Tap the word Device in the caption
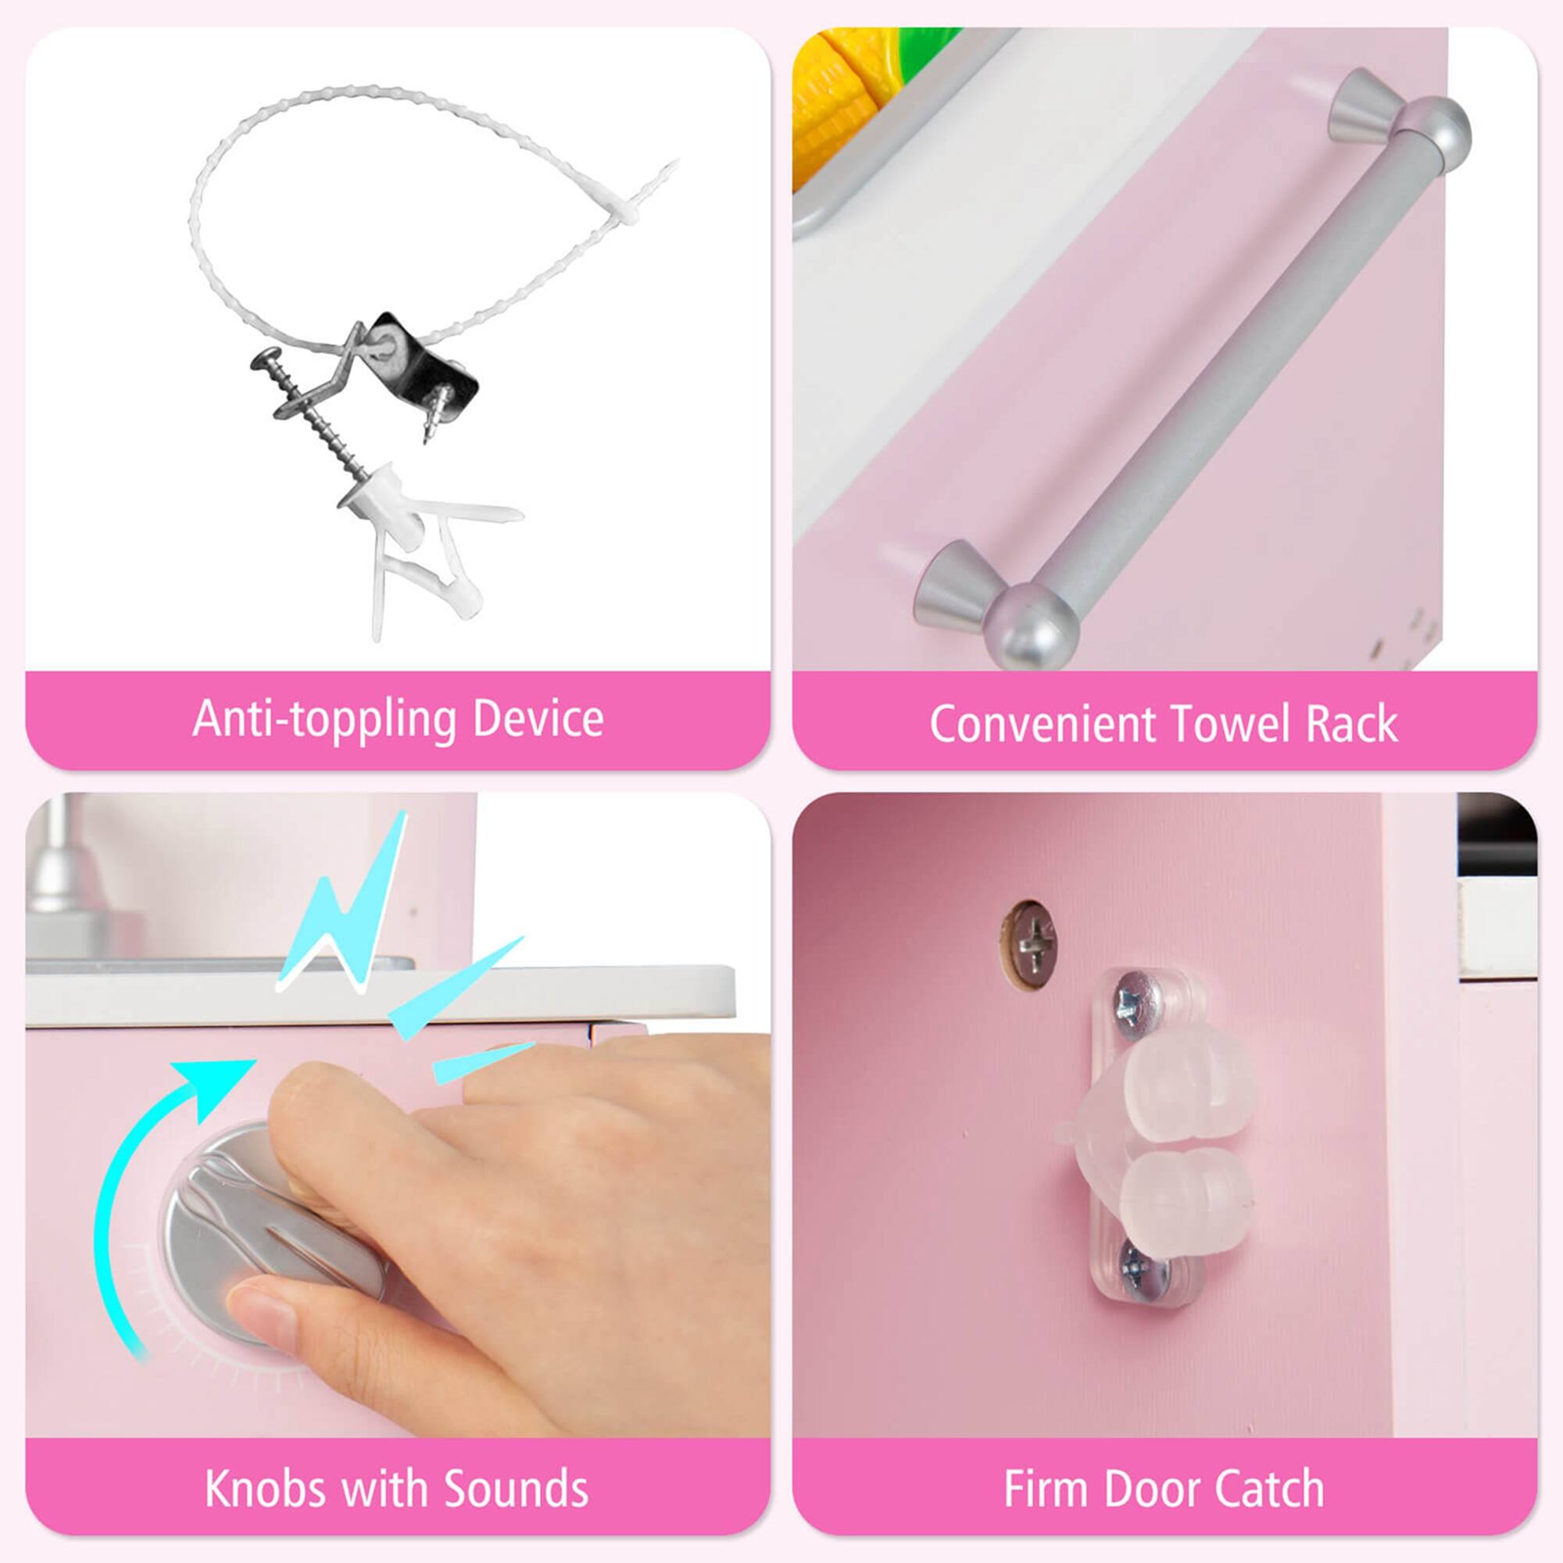538,719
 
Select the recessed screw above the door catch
1031,942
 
